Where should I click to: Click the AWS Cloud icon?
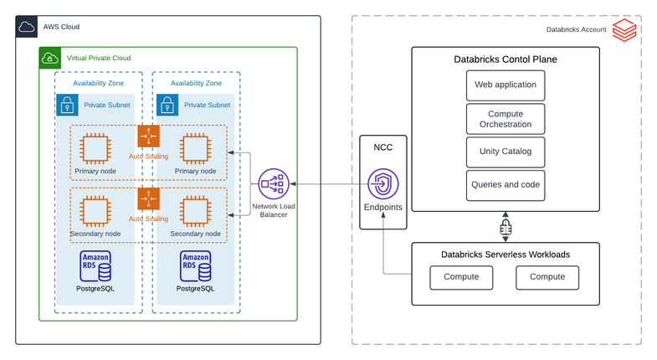[27, 27]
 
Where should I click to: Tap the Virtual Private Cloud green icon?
[50, 59]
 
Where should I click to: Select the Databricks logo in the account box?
[624, 32]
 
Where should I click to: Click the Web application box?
[506, 85]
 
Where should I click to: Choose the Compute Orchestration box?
[506, 119]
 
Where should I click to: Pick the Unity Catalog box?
[506, 152]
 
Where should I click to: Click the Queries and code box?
[506, 185]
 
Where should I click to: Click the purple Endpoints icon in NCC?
[383, 184]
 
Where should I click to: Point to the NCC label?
[383, 147]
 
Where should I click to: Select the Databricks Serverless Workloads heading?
[506, 254]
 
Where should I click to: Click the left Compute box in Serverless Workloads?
[461, 277]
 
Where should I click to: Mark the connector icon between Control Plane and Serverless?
[506, 228]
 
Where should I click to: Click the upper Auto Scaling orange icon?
[148, 136]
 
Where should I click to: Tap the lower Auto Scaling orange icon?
[148, 198]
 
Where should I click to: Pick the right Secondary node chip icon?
[195, 212]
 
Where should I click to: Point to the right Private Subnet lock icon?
[167, 105]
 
